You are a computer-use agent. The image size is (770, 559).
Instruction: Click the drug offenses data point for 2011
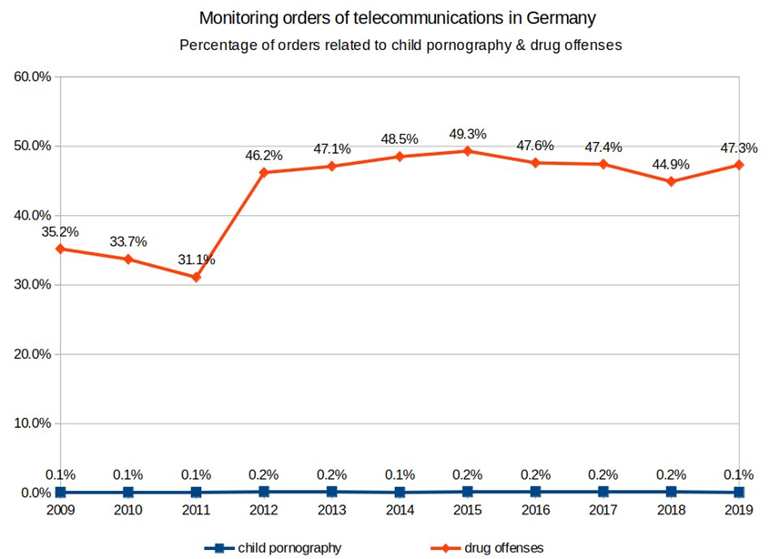point(196,277)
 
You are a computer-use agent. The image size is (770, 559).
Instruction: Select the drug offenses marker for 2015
point(467,151)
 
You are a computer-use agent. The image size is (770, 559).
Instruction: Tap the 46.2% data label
point(264,157)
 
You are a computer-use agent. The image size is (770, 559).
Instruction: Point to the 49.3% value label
point(467,135)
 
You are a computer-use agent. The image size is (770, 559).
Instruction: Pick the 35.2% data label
point(60,232)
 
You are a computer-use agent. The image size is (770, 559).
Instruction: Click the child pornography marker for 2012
point(264,492)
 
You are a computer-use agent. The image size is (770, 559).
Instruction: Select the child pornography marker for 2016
point(535,492)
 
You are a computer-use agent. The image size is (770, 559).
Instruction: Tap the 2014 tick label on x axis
point(400,510)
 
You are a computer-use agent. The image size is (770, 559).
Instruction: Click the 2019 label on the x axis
point(738,510)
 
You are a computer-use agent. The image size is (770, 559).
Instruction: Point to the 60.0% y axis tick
point(32,76)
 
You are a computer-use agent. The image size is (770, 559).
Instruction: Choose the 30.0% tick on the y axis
point(32,285)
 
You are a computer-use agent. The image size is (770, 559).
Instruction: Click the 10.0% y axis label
point(32,423)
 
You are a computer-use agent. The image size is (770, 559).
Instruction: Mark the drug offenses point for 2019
point(739,165)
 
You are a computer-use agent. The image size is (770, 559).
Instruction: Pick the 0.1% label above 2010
point(128,474)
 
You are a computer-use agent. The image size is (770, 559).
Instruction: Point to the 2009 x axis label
point(60,510)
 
